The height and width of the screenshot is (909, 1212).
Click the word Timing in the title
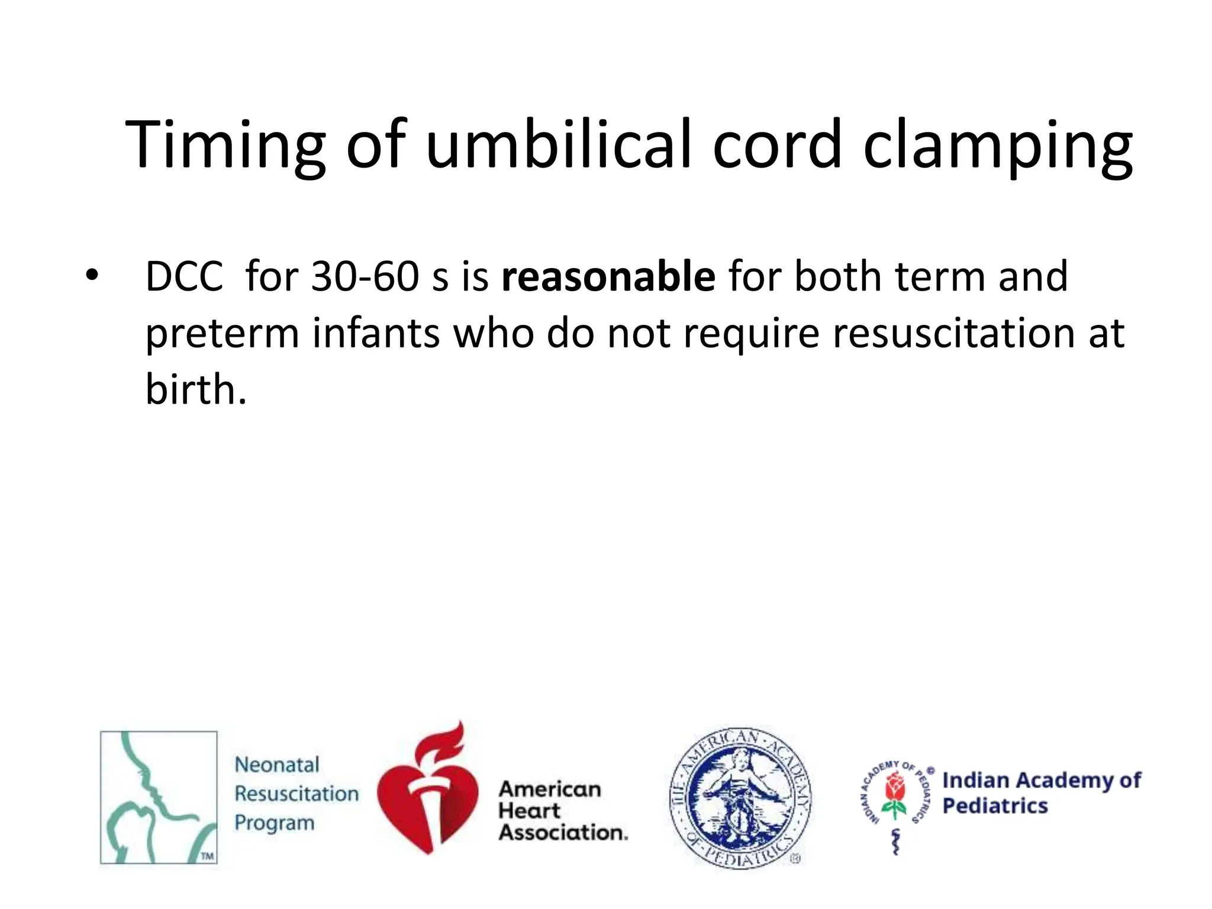pos(225,146)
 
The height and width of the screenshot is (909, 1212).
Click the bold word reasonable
pos(608,277)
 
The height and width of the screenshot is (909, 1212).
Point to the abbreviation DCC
pos(184,277)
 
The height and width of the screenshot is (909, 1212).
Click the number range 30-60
pos(365,277)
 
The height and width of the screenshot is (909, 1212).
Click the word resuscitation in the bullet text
pos(953,333)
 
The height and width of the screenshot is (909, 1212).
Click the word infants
pos(376,333)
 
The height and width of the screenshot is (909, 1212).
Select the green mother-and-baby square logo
pos(159,797)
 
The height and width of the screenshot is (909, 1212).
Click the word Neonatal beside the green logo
pos(277,765)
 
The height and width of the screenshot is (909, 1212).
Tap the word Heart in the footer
pos(529,811)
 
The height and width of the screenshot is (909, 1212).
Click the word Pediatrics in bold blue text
pos(995,806)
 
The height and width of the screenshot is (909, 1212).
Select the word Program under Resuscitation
pos(274,823)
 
